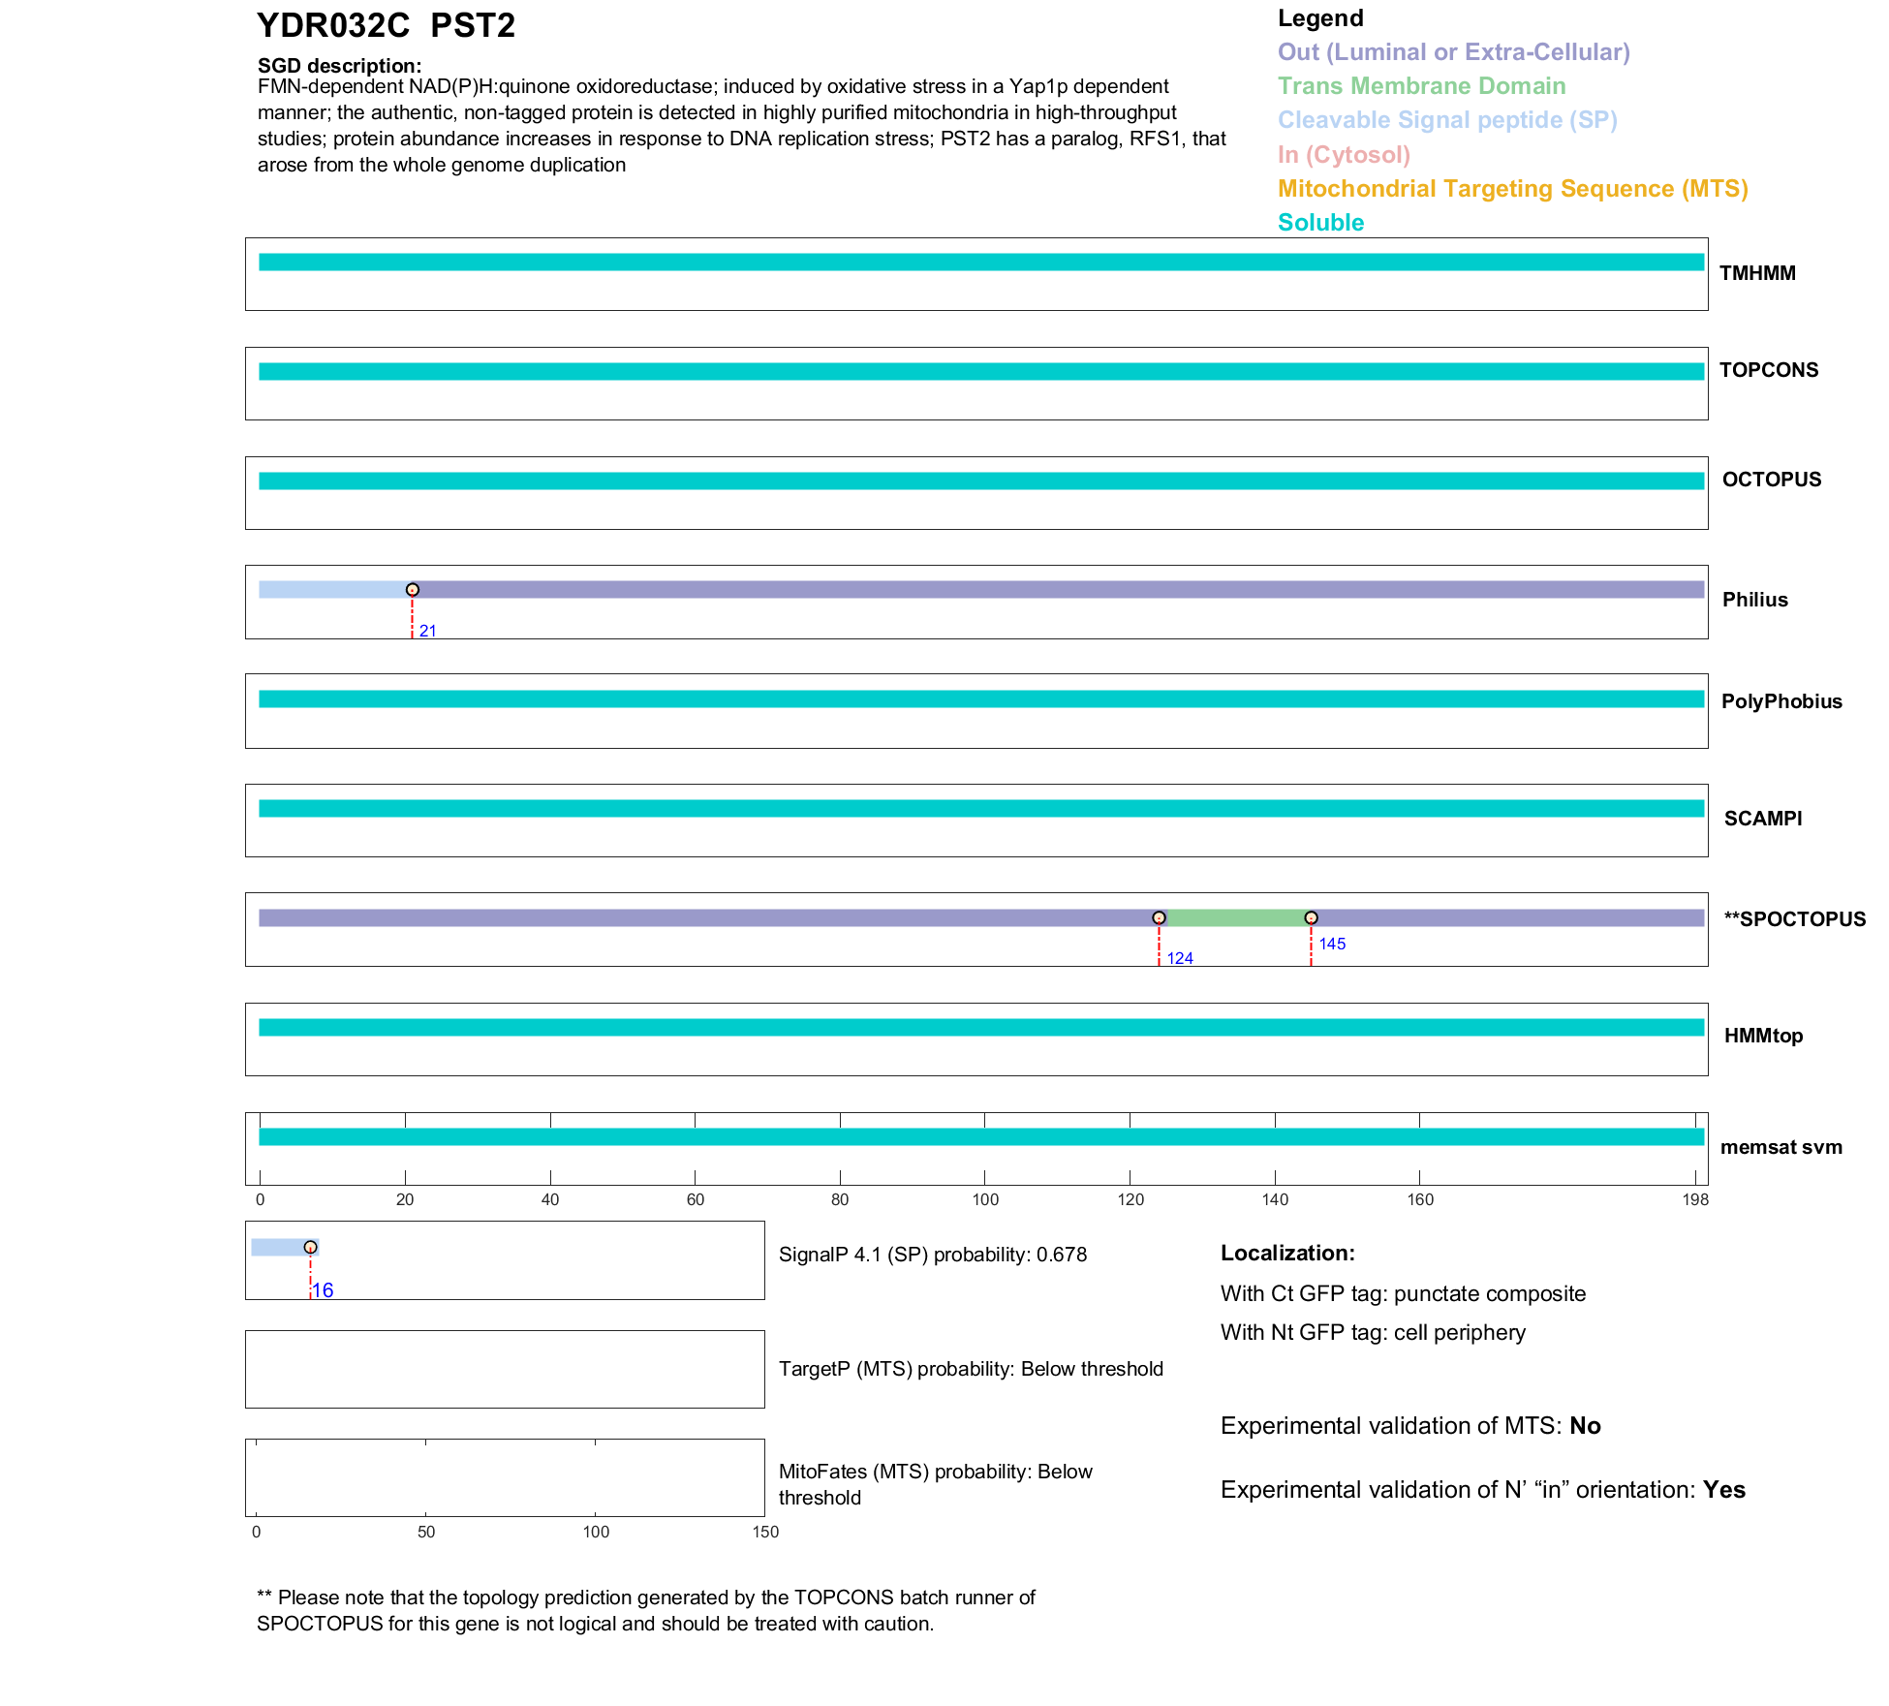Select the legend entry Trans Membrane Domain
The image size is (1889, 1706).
point(1421,86)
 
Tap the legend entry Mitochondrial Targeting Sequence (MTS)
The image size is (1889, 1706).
point(1512,189)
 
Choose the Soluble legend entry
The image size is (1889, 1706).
point(1320,223)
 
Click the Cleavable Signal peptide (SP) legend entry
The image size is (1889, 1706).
point(1447,120)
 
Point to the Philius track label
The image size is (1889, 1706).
point(1754,600)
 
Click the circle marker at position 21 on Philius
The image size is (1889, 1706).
point(413,590)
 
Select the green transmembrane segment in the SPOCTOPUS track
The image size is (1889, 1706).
point(1235,918)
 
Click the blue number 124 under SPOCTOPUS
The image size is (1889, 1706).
point(1179,958)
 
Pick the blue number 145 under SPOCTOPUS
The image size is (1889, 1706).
point(1332,944)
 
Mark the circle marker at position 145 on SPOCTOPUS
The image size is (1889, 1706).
point(1311,917)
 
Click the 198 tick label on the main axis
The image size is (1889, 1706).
point(1695,1200)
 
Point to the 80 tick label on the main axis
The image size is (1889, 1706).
point(840,1200)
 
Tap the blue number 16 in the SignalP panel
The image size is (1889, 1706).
point(323,1290)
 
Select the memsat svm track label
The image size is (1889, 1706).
point(1781,1147)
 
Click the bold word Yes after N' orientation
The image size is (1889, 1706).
point(1724,1490)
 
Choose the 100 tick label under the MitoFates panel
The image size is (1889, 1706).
point(596,1532)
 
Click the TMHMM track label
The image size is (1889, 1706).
point(1757,273)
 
